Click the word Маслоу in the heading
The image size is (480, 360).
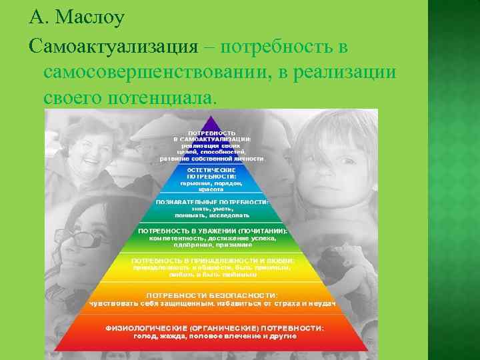90,18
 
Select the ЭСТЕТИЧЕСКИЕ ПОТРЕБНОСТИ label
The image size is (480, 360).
211,173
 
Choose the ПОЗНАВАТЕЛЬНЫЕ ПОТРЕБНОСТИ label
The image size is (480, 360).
212,201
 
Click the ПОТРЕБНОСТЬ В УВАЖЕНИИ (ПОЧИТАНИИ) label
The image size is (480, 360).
212,231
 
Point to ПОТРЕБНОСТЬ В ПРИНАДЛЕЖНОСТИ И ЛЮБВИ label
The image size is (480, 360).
212,260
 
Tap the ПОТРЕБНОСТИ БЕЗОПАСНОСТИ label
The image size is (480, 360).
212,295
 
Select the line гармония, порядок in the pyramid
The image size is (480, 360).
211,183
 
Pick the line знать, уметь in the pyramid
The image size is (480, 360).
211,208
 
